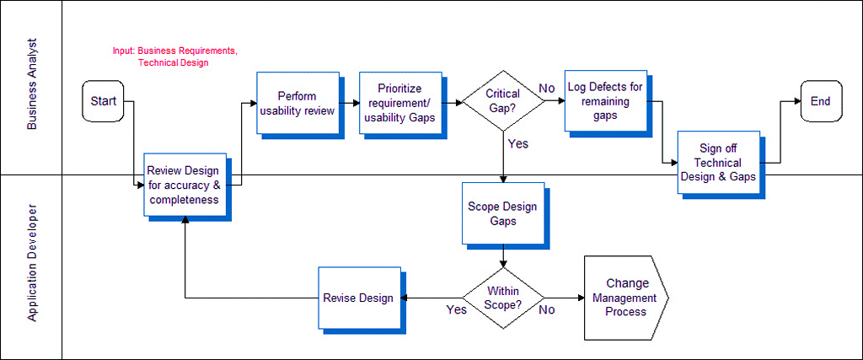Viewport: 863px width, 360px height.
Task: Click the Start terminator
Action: coord(104,101)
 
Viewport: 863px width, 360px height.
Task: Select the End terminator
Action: coord(820,101)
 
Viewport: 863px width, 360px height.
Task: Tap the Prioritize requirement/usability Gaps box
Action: coord(399,103)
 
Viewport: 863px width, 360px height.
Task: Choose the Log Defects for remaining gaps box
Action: coord(604,100)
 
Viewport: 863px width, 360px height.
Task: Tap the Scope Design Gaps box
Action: coord(502,213)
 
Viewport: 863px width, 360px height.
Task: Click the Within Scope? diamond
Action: coord(503,298)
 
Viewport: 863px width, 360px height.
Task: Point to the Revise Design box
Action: coord(358,298)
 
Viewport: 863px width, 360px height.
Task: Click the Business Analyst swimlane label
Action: coord(32,87)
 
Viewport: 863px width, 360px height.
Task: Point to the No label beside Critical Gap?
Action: coord(546,89)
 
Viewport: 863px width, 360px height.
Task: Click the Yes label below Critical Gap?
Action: coord(518,144)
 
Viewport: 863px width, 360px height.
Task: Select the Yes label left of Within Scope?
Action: coord(456,309)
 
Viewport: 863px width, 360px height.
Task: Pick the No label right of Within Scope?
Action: coord(546,309)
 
